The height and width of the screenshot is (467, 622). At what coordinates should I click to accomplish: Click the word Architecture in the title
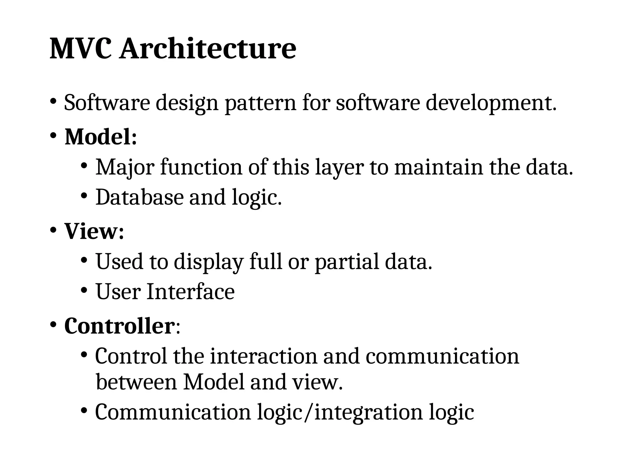tap(208, 49)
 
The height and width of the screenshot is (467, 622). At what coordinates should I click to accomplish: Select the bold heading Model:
tap(101, 137)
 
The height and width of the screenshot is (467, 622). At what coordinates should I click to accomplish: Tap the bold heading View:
tap(94, 231)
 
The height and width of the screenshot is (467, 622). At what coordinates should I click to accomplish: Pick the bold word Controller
tap(119, 326)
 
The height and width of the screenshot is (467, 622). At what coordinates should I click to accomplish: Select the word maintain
tap(439, 167)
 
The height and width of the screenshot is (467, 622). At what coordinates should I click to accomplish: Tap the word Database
tap(139, 197)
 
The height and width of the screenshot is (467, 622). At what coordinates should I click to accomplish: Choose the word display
tap(209, 261)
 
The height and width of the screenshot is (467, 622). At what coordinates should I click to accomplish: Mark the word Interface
tap(191, 291)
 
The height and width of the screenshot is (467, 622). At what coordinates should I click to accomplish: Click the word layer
tap(340, 167)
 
